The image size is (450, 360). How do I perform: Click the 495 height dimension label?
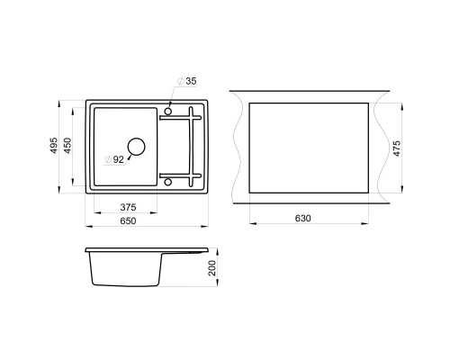54,146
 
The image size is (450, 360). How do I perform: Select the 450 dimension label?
67,146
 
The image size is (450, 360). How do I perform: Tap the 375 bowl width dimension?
128,207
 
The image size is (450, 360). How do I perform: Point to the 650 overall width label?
128,220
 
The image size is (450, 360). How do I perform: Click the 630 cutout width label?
302,218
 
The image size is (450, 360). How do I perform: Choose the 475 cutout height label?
397,148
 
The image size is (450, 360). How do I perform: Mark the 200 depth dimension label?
211,268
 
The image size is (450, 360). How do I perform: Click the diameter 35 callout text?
187,81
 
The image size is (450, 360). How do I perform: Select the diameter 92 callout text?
114,159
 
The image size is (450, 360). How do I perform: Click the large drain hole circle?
137,138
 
